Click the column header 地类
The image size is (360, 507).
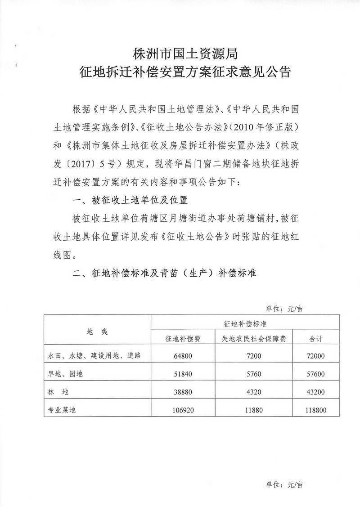[97, 331]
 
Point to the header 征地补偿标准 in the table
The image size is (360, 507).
[245, 323]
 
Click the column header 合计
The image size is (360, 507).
[317, 339]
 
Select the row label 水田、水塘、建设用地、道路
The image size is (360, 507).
[95, 356]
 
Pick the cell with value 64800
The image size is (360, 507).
[183, 356]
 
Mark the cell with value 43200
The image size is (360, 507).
[317, 392]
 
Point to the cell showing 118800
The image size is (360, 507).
[317, 410]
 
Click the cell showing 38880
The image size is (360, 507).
[183, 392]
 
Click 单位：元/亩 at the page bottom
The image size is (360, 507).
[284, 485]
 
